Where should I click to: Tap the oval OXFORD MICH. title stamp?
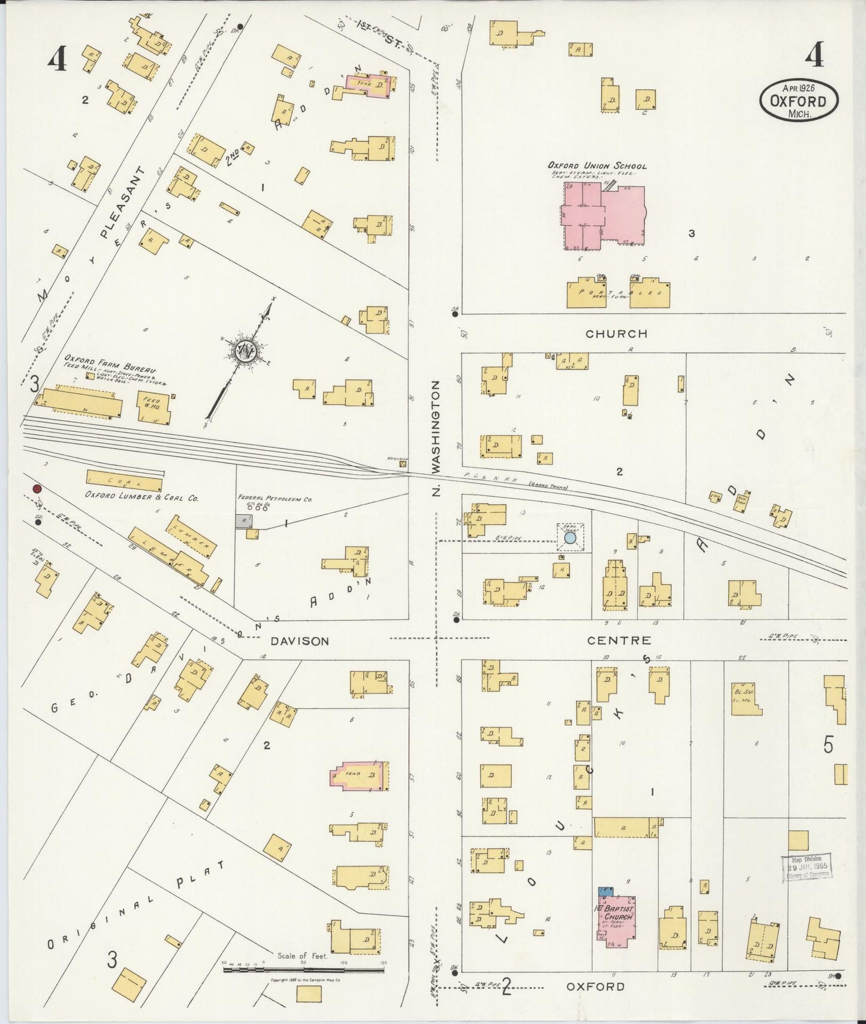[x=799, y=101]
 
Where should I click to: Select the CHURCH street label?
[x=617, y=334]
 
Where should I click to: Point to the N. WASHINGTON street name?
[x=436, y=438]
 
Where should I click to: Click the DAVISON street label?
[x=300, y=641]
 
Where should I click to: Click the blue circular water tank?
[x=571, y=538]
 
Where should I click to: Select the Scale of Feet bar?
[x=304, y=968]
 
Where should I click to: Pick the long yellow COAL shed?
[x=125, y=481]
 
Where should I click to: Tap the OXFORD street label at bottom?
[x=595, y=986]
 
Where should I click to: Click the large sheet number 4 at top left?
[x=57, y=59]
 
